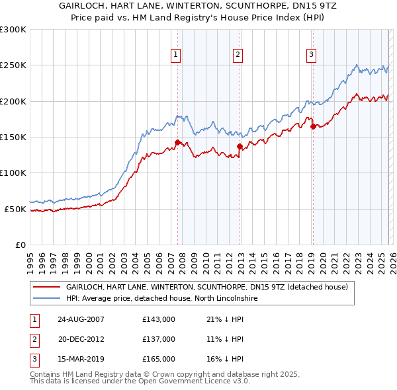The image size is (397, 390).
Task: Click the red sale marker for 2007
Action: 177,142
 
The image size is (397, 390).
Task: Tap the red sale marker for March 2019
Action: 312,126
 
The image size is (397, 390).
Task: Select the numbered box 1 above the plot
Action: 176,55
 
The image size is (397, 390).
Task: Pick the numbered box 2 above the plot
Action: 238,55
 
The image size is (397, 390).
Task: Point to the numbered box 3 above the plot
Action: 311,55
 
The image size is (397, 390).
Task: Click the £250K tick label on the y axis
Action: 13,65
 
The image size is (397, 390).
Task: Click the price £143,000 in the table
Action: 159,319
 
